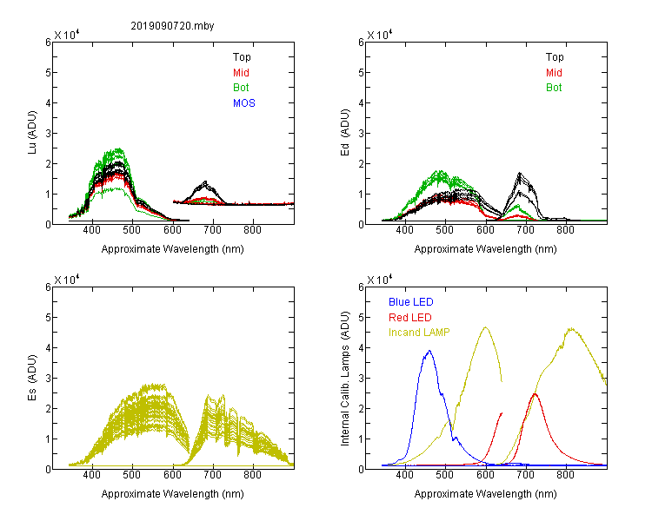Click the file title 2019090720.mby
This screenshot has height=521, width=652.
point(172,26)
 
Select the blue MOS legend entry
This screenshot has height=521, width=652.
point(244,103)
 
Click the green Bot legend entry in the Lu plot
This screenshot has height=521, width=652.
point(241,88)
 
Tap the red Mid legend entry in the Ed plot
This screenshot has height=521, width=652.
point(554,73)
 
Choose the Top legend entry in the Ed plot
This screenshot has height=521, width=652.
point(555,57)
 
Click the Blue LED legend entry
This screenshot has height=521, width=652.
point(411,302)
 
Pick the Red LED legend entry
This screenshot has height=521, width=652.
point(410,318)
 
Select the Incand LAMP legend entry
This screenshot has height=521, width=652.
point(419,333)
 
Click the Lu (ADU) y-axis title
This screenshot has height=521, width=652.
point(32,133)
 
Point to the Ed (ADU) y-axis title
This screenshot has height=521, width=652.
point(345,133)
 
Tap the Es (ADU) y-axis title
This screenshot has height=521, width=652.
point(32,378)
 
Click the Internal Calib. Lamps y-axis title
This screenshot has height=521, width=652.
point(345,379)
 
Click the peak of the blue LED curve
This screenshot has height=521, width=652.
point(429,351)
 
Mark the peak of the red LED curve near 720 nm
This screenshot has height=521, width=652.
point(535,394)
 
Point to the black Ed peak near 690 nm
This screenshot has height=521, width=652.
point(520,173)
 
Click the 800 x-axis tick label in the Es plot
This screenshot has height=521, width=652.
point(252,474)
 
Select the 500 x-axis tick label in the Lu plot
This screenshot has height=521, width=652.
point(132,230)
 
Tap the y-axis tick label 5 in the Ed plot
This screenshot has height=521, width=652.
point(361,73)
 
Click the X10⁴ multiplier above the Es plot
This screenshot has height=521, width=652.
point(67,280)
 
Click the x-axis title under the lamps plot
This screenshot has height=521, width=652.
point(485,494)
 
